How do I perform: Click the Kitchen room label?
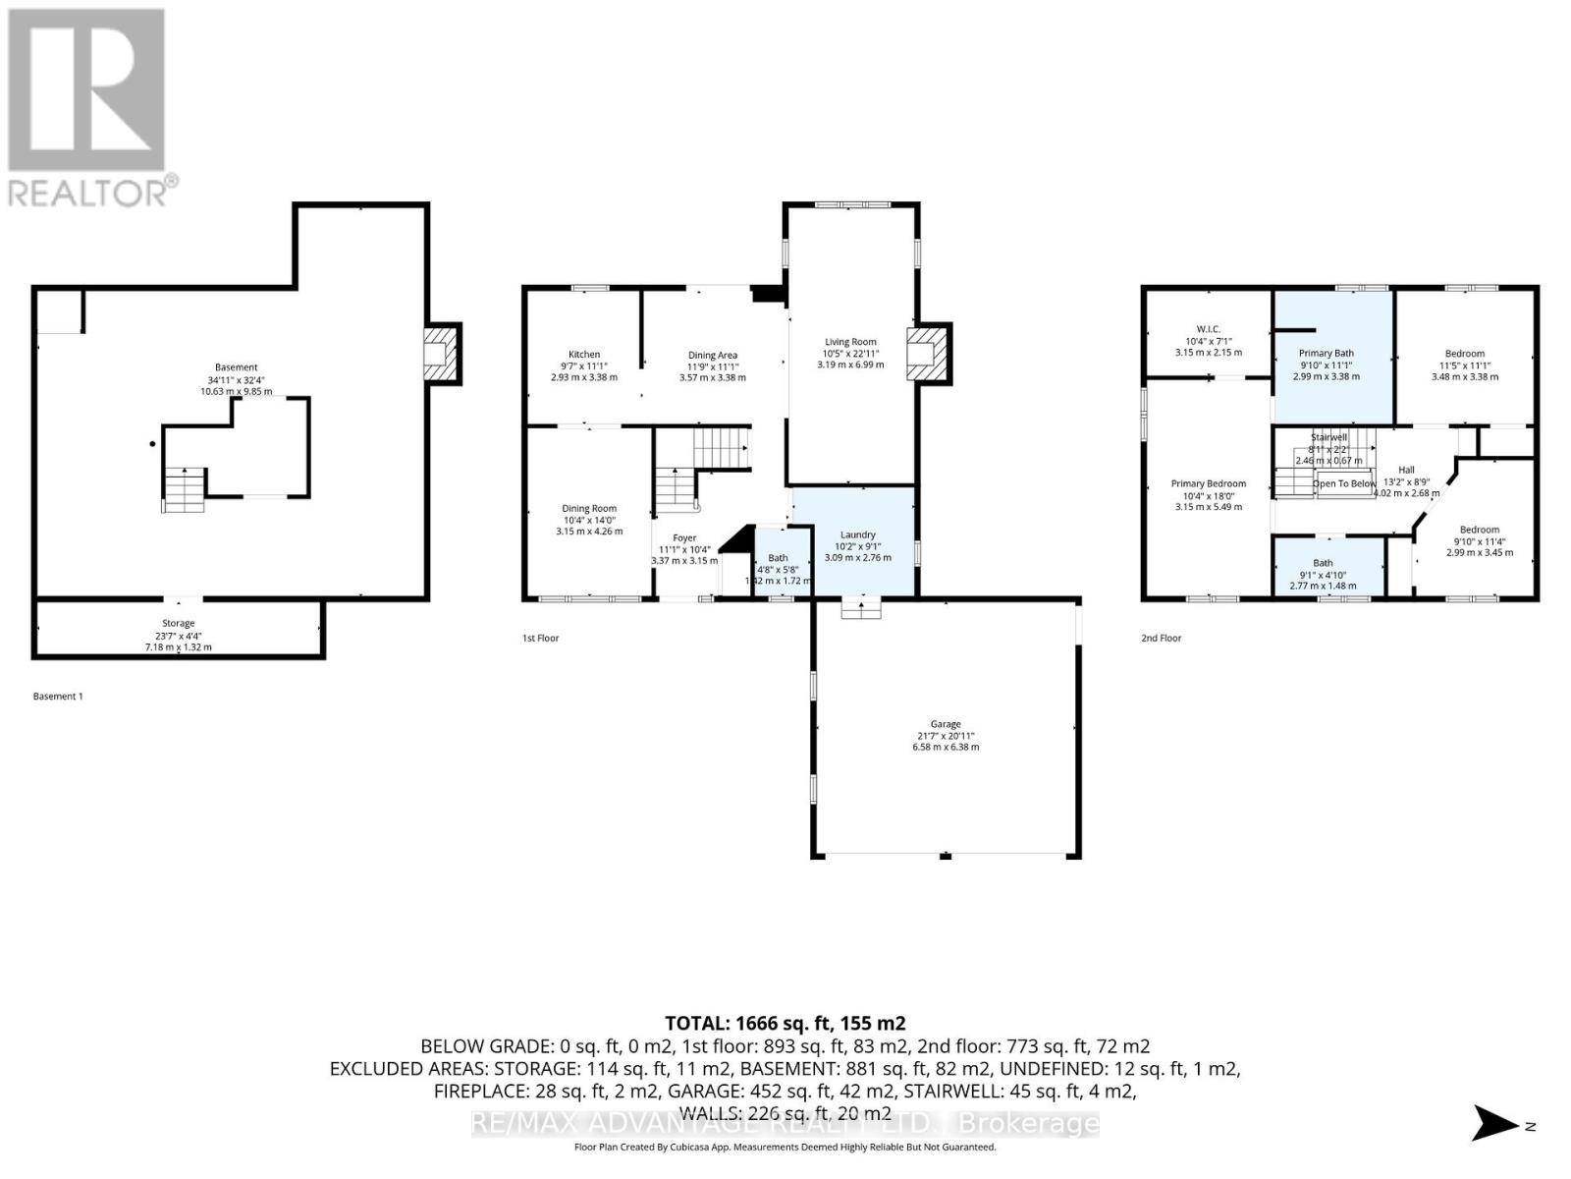tap(584, 355)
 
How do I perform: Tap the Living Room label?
tap(850, 343)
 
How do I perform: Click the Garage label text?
tap(946, 724)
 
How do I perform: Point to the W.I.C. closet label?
tap(1208, 329)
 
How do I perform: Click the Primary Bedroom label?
tap(1208, 483)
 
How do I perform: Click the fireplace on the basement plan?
tap(439, 354)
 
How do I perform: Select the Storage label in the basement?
tap(179, 623)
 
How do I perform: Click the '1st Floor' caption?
tap(540, 639)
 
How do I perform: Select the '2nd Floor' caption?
tap(1161, 639)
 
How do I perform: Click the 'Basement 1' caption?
tap(58, 697)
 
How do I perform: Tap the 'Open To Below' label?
tap(1344, 483)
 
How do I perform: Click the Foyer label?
tap(684, 538)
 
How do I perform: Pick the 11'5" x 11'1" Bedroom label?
tap(1464, 354)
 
